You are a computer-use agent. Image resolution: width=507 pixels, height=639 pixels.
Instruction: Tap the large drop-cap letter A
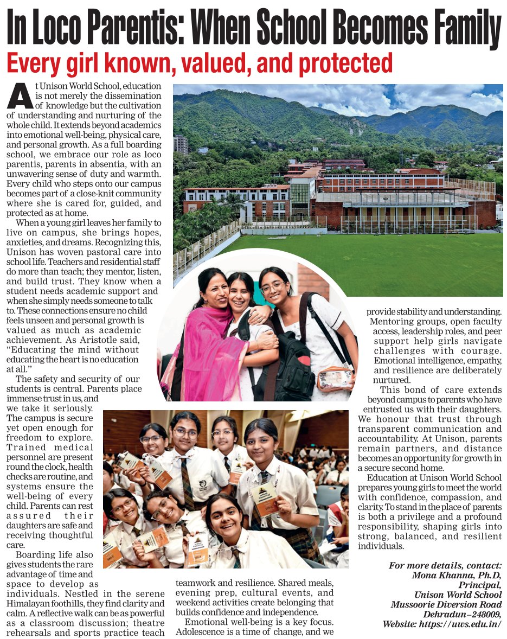point(20,97)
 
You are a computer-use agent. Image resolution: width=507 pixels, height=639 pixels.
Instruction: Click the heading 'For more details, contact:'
point(445,565)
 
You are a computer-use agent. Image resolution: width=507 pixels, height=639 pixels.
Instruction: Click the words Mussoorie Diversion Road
point(446,604)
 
